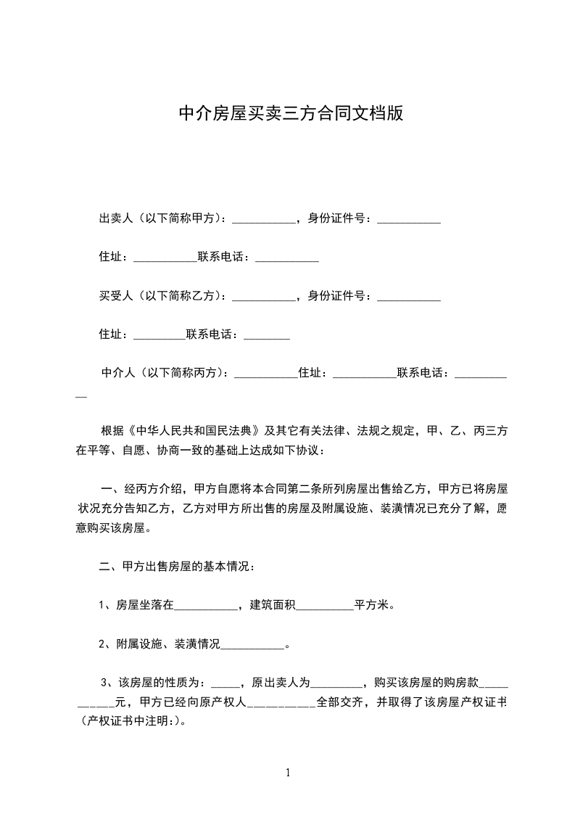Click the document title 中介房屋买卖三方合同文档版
coord(291,113)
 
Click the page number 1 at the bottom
coord(288,773)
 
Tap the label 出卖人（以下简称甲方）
coord(162,218)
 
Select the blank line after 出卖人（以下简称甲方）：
coord(264,221)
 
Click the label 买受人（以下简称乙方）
coord(162,296)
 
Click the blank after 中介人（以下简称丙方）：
coord(267,376)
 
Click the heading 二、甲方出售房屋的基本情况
coord(176,567)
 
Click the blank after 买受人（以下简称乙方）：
coord(264,298)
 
